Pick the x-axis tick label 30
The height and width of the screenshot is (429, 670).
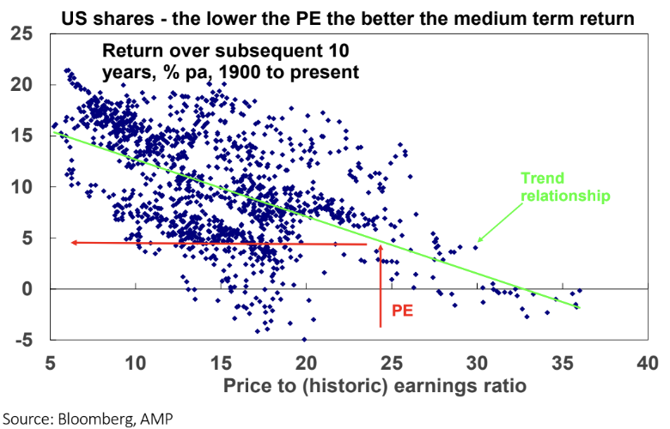pyautogui.click(x=477, y=363)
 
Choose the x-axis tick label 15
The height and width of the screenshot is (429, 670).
pyautogui.click(x=221, y=363)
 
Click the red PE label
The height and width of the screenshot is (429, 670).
pyautogui.click(x=402, y=310)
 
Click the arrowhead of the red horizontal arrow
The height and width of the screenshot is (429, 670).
pyautogui.click(x=75, y=243)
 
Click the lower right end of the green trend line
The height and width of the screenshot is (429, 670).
pyautogui.click(x=581, y=307)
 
